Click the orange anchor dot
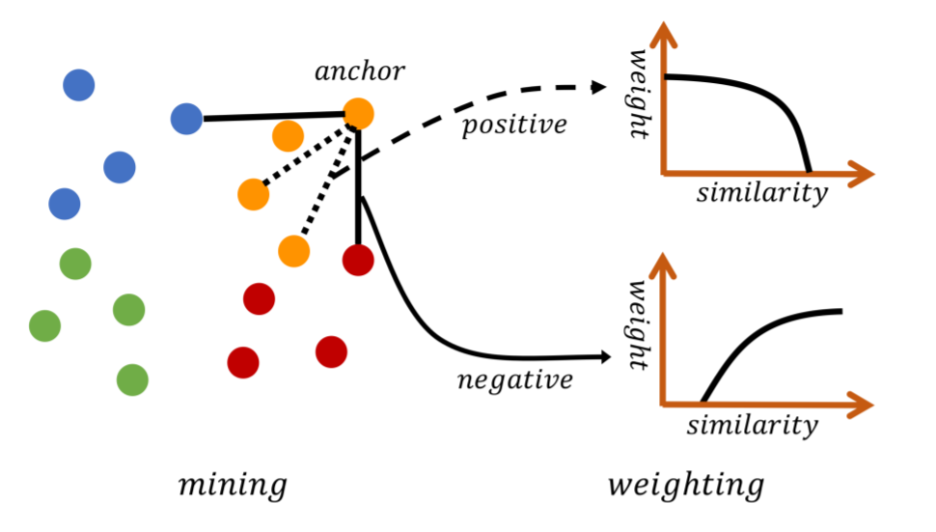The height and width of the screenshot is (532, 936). pos(358,114)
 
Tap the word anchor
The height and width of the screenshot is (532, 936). pos(359,71)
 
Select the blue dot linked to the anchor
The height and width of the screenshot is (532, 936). pos(186,119)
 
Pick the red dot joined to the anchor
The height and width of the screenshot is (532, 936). pos(358,259)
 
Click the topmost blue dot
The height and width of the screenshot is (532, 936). pos(79,86)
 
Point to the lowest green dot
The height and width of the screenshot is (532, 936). pos(132,379)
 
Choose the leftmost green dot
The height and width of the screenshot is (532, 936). pos(44,325)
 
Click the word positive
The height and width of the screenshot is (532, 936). pos(513,126)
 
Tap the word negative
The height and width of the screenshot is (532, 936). pos(514,379)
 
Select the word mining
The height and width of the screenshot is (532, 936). pos(233,484)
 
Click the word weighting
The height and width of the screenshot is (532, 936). pos(686,485)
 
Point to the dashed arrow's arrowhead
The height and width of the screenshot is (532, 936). pos(599,87)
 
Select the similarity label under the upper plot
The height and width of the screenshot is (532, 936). pos(761,193)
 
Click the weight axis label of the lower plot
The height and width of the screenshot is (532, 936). pos(639,324)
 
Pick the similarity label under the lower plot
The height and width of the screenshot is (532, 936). pos(753,425)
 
